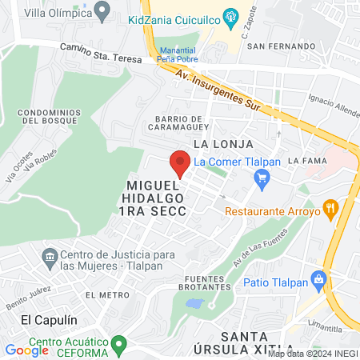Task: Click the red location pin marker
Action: tap(179, 163)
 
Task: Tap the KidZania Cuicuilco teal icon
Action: tap(231, 16)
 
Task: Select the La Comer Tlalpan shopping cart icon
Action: tap(260, 180)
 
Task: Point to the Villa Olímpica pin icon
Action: tap(102, 11)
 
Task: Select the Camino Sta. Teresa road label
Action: tap(102, 53)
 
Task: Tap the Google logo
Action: tap(26, 350)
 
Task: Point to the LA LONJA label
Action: tap(223, 144)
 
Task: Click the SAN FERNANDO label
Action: tap(276, 46)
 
